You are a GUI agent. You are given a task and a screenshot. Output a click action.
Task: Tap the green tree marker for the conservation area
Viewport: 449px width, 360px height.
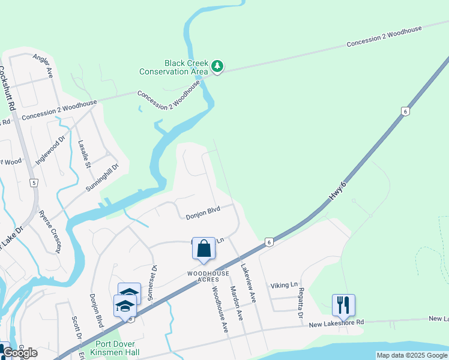point(217,66)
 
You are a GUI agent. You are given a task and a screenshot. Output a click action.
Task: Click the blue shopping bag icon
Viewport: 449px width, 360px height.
point(203,248)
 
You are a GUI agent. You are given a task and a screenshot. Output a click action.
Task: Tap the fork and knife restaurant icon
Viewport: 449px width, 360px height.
point(343,305)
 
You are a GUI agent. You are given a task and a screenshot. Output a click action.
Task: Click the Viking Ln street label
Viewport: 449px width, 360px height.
point(284,286)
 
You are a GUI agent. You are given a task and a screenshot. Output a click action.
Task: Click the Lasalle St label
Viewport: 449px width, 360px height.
point(84,154)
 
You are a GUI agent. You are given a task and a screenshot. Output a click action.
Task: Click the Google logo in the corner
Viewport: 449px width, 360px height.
point(20,353)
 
